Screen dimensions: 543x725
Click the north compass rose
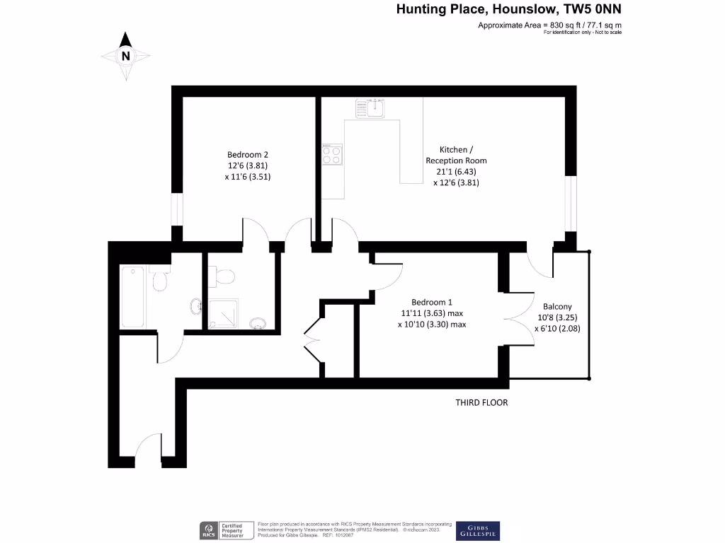125,54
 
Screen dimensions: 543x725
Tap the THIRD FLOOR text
481,402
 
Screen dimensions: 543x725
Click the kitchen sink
370,107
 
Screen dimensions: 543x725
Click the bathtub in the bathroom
133,297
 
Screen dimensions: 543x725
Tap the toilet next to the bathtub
160,281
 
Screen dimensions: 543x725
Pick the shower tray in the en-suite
224,314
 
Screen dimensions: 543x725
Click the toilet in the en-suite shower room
226,275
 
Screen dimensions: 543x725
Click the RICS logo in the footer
210,530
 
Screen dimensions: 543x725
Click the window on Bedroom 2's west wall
177,211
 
